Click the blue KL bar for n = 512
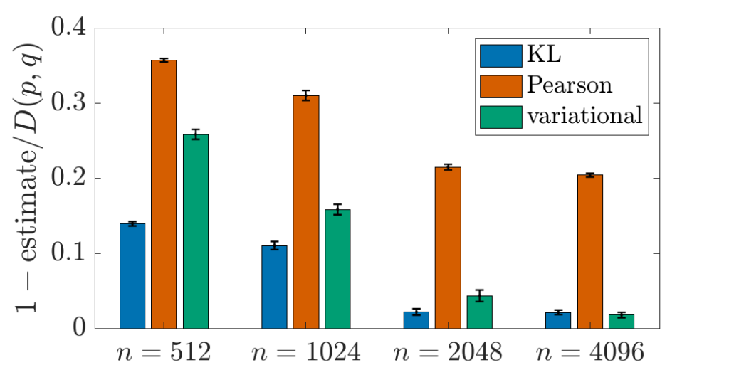click(132, 276)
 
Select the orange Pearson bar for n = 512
click(164, 194)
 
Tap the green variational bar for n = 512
click(196, 231)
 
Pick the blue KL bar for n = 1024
click(274, 287)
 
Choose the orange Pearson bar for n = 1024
click(306, 212)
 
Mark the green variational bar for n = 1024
click(337, 269)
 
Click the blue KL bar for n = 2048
click(416, 320)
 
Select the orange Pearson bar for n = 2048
click(449, 248)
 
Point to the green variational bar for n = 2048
click(479, 312)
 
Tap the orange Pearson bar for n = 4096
click(590, 251)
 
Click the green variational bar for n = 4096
click(622, 322)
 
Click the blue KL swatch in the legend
click(500, 55)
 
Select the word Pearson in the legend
click(569, 85)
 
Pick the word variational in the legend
click(585, 115)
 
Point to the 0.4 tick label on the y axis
click(68, 28)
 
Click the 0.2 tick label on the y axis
click(68, 178)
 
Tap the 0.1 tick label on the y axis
click(68, 253)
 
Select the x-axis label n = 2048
click(449, 352)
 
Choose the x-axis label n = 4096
click(590, 352)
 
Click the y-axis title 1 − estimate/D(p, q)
click(30, 179)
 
